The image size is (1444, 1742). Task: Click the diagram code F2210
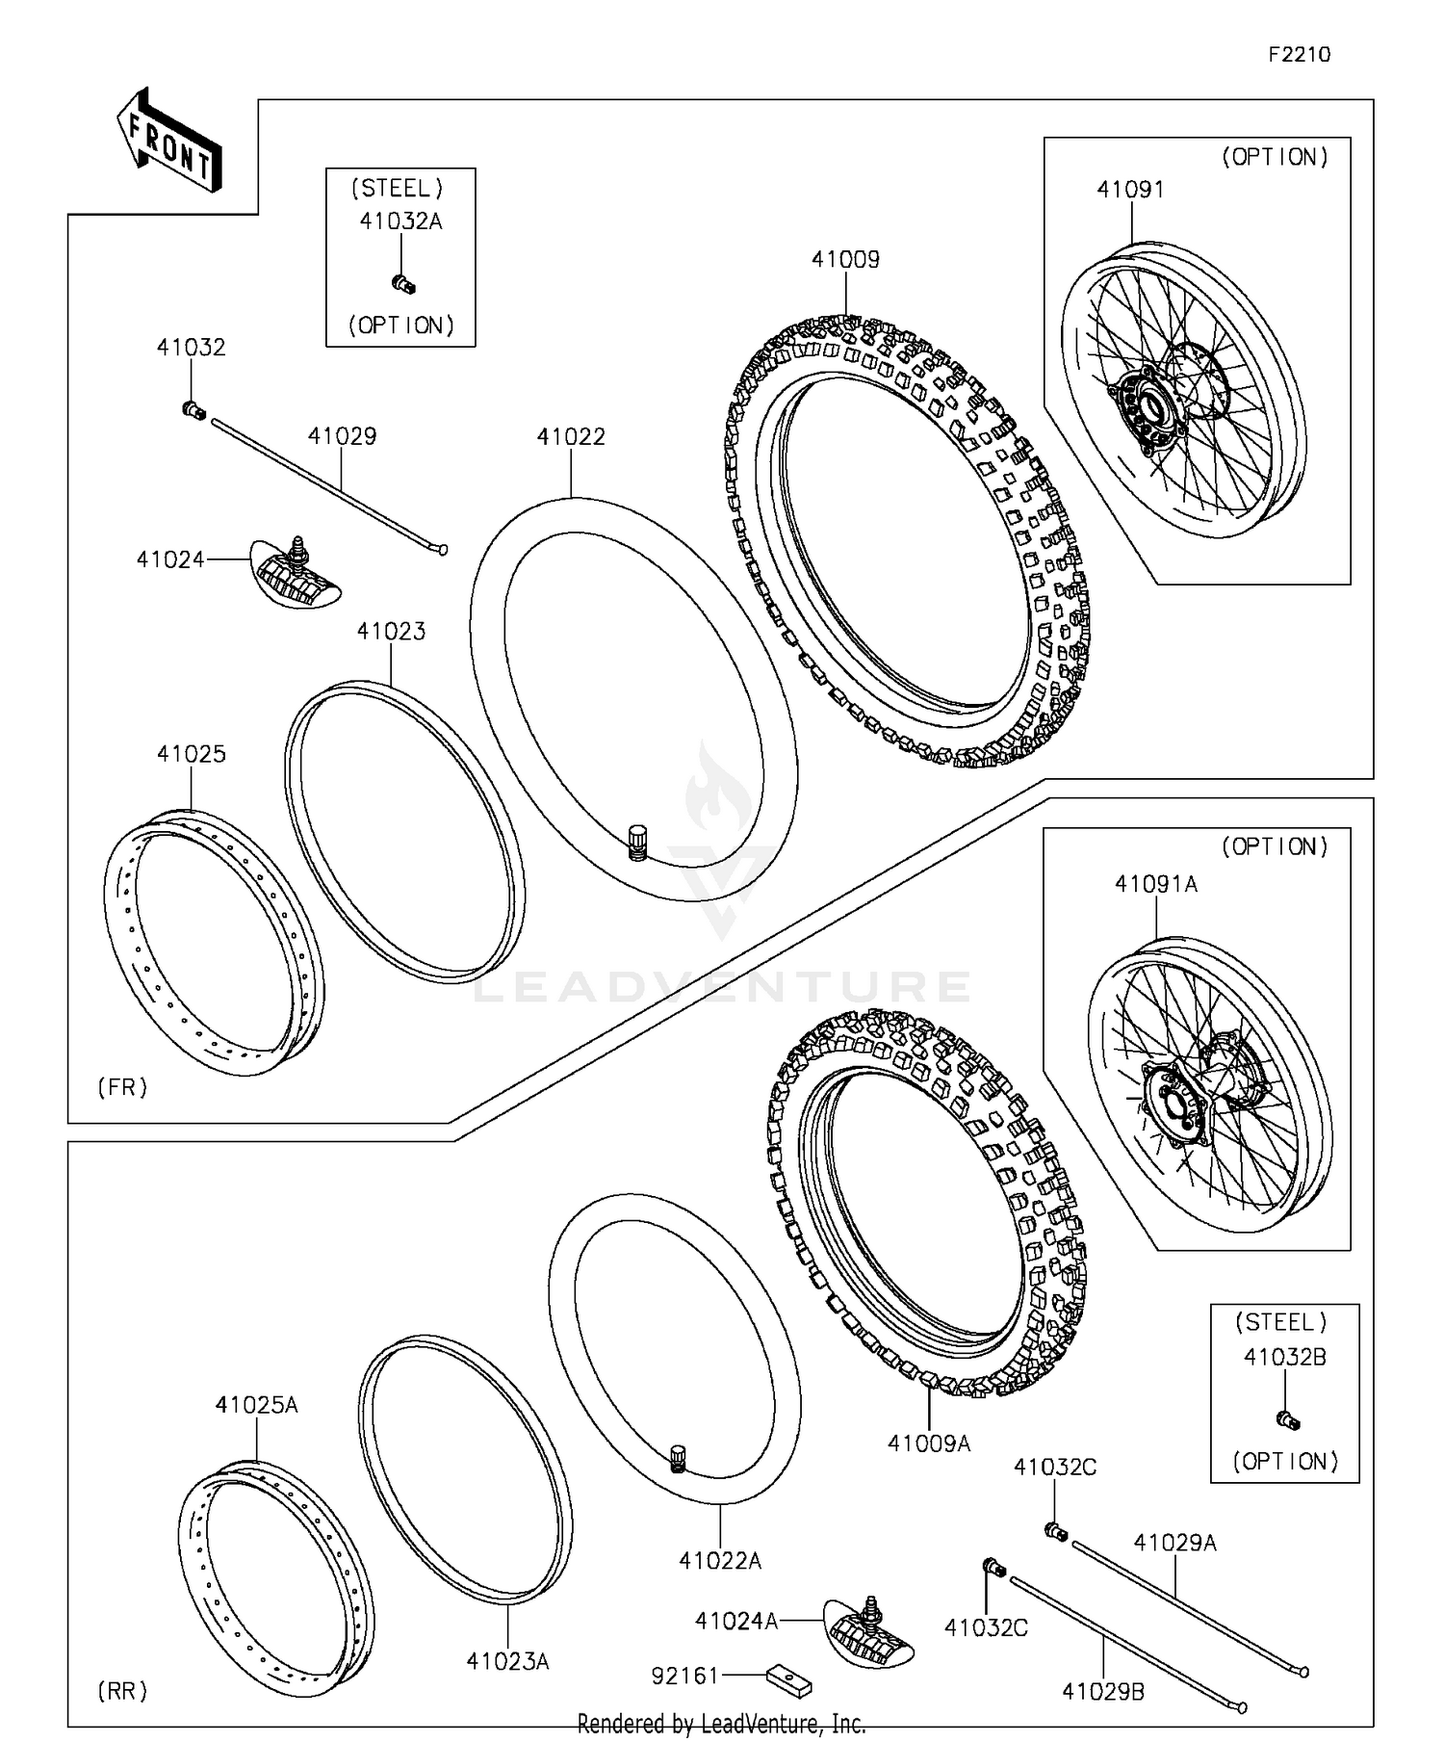point(1299,55)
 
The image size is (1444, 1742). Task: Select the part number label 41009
point(845,259)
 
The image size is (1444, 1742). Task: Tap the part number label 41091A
point(1156,883)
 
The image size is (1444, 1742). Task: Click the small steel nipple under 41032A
point(403,284)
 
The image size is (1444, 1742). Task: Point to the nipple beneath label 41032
point(193,411)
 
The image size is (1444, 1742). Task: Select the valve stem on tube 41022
point(636,842)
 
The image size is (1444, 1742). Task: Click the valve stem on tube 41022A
point(677,1460)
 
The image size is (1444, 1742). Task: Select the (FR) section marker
point(122,1087)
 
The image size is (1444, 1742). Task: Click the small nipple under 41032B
point(1288,1419)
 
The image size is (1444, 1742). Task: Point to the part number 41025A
point(256,1405)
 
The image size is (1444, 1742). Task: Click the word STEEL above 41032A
point(397,188)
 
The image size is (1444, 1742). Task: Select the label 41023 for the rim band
point(391,631)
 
